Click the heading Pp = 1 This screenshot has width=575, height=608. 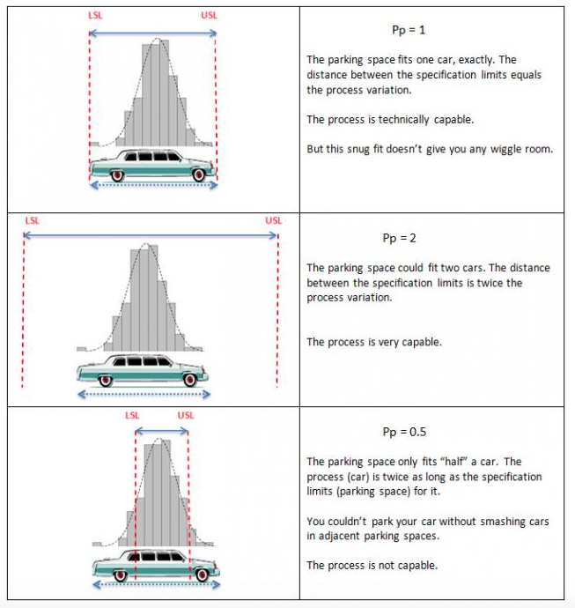point(409,29)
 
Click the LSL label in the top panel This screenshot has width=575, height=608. point(95,16)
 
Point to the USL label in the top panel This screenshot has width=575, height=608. point(209,16)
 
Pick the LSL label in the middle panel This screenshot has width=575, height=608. point(32,220)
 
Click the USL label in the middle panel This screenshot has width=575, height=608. point(273,220)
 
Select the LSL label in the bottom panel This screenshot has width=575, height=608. point(133,416)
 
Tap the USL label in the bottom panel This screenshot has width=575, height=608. point(186,416)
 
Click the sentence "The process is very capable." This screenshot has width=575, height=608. point(374,342)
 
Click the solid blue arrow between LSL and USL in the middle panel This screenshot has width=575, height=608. point(150,234)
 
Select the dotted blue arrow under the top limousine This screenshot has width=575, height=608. point(153,184)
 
